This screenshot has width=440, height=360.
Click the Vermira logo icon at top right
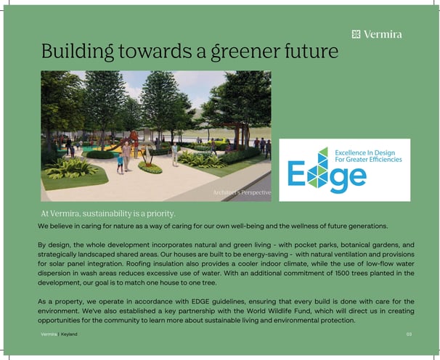click(x=356, y=34)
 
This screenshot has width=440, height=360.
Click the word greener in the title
click(x=245, y=52)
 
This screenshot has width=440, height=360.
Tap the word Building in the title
click(x=78, y=51)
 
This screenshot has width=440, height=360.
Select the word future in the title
click(x=311, y=51)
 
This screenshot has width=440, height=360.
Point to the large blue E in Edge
click(x=296, y=173)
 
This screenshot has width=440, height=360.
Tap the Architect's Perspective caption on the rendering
click(x=242, y=193)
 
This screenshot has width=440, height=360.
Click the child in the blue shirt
click(x=120, y=163)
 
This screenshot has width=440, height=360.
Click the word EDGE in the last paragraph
click(x=200, y=302)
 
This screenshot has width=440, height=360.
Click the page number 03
click(x=409, y=334)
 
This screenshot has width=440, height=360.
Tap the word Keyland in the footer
click(x=69, y=334)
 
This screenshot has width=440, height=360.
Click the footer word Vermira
click(x=49, y=334)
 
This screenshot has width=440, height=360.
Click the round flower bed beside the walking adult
click(x=150, y=168)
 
